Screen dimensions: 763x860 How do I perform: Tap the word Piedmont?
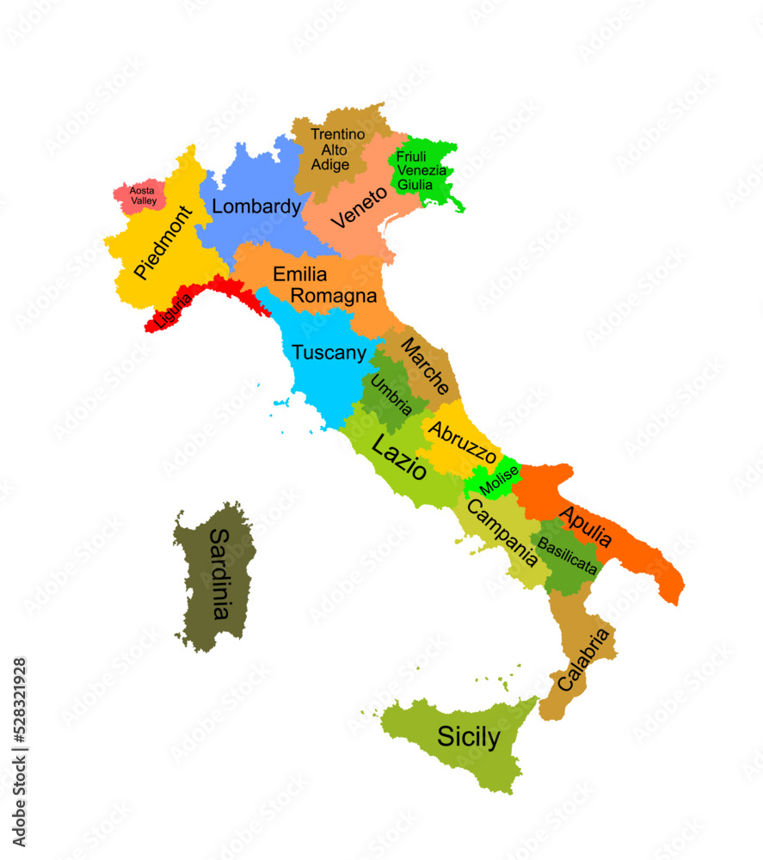tap(163, 243)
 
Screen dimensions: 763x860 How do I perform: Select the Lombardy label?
tap(256, 206)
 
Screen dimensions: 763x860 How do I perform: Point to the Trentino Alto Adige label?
tap(338, 150)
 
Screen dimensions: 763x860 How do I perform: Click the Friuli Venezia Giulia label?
tap(421, 170)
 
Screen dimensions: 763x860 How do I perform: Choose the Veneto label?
tap(360, 207)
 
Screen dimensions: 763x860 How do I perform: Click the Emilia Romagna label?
tap(324, 286)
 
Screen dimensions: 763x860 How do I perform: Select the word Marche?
tap(425, 365)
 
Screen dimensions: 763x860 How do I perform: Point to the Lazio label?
tap(397, 457)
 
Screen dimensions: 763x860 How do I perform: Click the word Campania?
tap(501, 533)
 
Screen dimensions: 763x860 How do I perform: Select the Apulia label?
tap(586, 526)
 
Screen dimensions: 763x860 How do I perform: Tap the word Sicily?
tap(468, 737)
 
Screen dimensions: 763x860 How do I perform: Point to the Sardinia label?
tap(220, 573)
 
